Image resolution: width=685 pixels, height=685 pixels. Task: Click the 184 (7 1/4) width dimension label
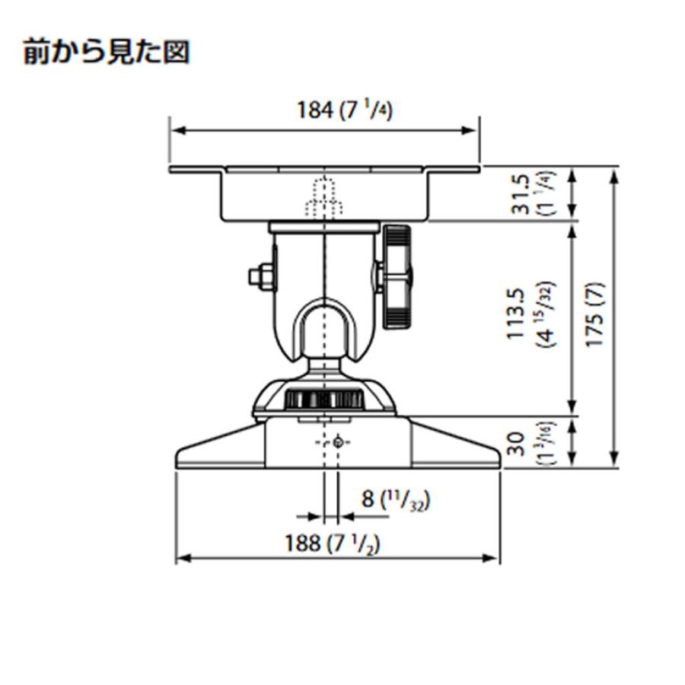pos(344,110)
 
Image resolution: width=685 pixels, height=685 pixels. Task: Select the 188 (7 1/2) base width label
pos(333,543)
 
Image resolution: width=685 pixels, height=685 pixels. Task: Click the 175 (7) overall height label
pos(595,316)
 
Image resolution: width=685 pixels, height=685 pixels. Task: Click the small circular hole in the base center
pos(337,442)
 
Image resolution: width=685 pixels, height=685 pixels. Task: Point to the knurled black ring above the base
pos(325,400)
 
